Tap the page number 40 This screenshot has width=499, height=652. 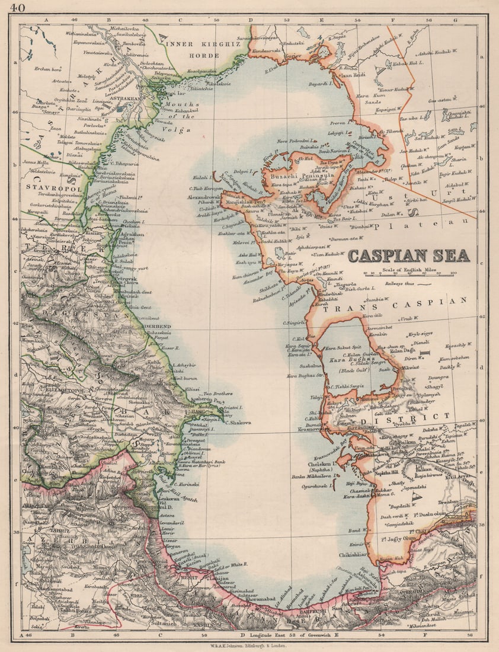coord(17,8)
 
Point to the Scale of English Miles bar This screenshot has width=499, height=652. coord(408,274)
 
